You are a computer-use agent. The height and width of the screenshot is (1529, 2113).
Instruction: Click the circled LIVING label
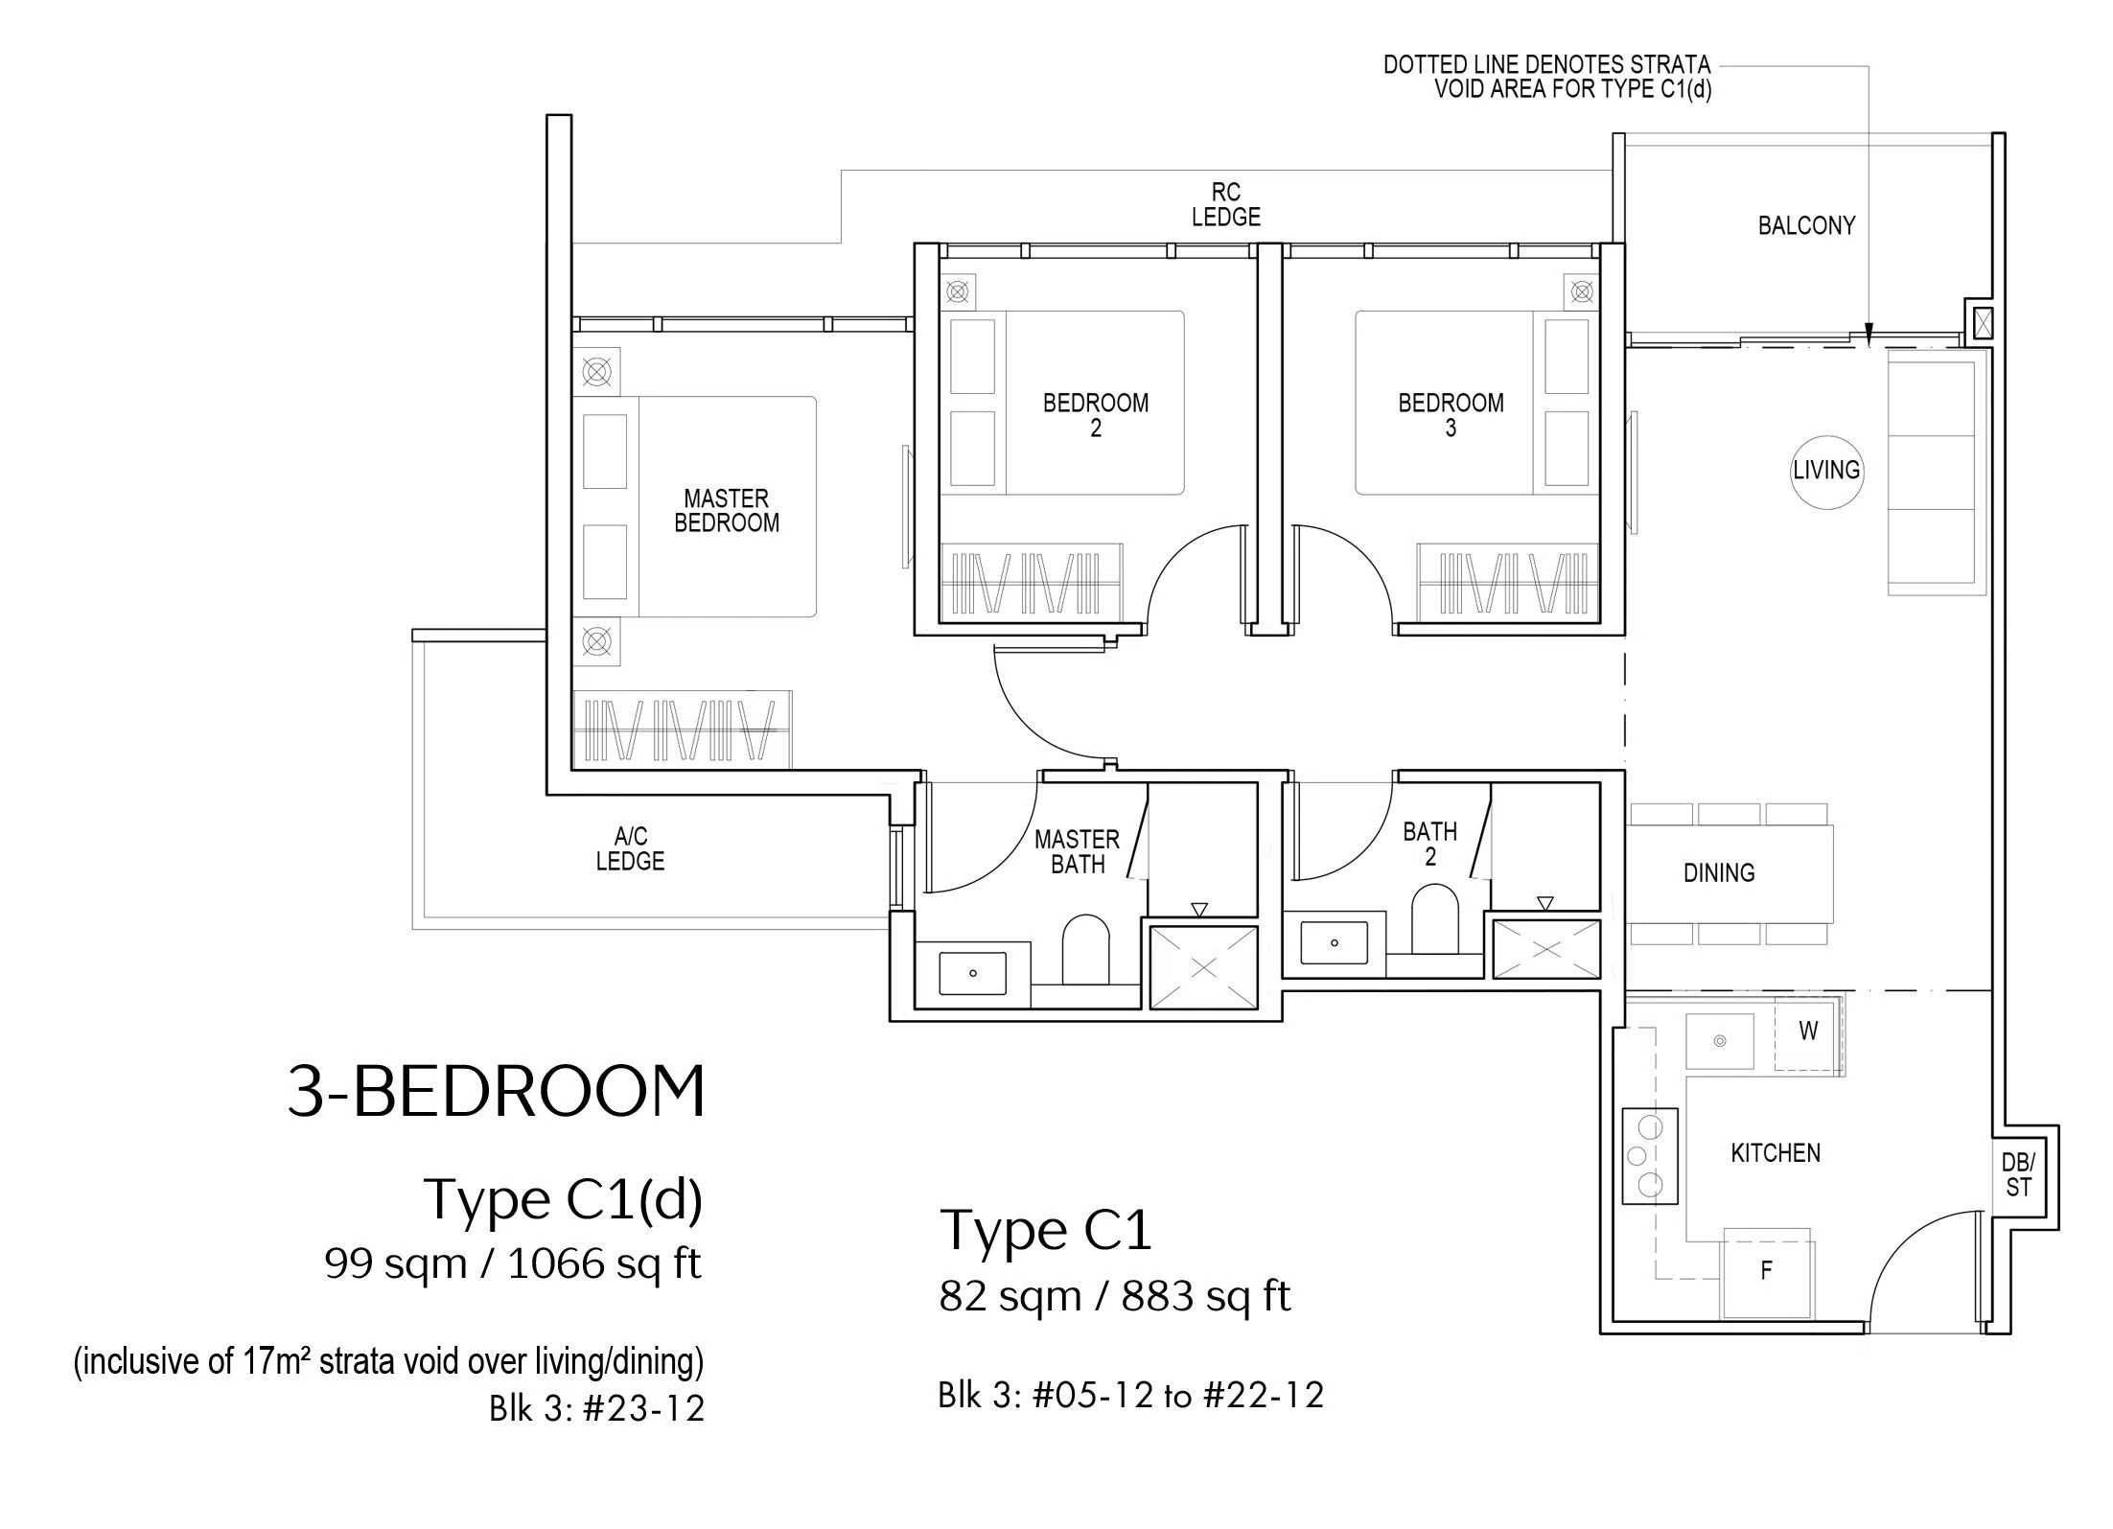(1827, 471)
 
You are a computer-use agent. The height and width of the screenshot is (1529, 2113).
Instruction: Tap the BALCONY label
(1806, 225)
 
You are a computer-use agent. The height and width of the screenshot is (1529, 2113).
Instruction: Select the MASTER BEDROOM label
(727, 511)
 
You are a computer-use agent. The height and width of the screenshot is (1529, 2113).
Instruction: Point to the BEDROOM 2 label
(1096, 415)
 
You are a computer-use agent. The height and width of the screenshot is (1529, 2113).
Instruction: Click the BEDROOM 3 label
(1451, 415)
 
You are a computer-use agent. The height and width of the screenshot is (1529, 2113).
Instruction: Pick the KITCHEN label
(1776, 1153)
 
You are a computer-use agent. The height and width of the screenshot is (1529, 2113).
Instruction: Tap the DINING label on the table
(1719, 873)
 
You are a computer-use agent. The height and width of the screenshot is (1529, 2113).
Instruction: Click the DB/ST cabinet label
(2018, 1174)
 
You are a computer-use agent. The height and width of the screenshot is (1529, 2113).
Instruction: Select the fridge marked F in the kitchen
(1767, 1273)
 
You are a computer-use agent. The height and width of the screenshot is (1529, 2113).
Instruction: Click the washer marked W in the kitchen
(1808, 1032)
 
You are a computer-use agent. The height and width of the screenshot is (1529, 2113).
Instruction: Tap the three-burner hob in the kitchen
(1650, 1156)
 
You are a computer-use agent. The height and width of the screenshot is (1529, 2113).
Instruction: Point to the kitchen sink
(1721, 1041)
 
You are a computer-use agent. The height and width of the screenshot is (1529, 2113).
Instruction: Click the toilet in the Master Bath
(1085, 949)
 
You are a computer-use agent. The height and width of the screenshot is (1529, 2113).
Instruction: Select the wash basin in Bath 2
(1334, 943)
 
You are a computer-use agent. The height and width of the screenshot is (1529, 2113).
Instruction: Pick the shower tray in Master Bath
(1203, 967)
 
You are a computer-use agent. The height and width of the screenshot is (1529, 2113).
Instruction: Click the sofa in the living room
(1932, 473)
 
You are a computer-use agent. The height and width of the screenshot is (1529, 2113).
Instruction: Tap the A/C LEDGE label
(630, 849)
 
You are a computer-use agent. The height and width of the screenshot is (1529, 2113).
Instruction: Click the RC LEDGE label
(1226, 205)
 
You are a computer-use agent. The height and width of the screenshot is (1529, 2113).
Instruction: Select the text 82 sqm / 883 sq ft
(1115, 1297)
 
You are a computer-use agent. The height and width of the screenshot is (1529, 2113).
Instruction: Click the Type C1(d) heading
(564, 1199)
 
